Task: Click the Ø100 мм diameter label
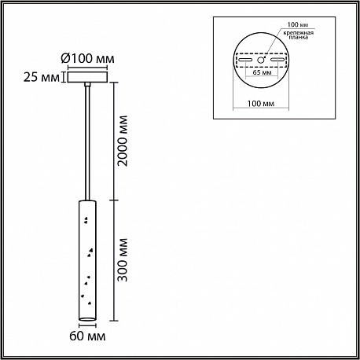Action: point(87,58)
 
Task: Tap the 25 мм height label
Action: point(42,77)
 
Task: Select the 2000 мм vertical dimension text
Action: point(123,141)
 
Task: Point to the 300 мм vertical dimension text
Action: point(123,260)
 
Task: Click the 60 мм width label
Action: point(87,336)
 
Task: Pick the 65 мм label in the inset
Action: point(262,72)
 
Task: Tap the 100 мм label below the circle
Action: point(261,104)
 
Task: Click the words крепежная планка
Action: point(298,35)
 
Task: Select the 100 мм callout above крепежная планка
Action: point(297,24)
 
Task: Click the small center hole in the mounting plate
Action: point(260,60)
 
